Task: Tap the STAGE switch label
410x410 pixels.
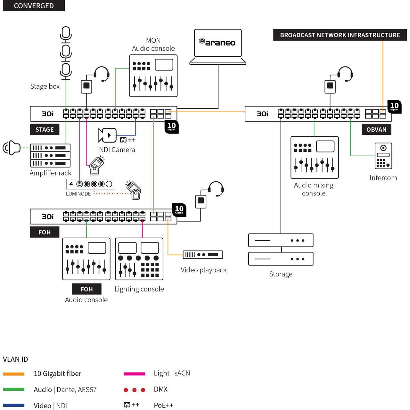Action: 45,129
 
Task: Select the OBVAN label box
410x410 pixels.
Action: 376,129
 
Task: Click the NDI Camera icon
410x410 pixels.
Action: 107,135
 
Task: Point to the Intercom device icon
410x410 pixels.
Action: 383,156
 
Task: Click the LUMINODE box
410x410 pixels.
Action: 90,184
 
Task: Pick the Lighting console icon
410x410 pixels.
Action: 139,259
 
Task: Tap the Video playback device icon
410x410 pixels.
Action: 202,255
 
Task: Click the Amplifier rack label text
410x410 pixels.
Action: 50,173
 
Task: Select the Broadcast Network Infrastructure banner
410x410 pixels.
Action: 340,35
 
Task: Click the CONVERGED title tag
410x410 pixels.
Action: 34,6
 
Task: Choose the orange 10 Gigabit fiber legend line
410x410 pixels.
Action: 14,374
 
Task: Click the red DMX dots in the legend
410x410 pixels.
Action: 134,390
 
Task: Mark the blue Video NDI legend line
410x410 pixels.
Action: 14,406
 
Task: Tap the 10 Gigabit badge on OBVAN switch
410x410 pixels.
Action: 394,107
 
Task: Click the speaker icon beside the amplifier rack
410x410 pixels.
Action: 12,148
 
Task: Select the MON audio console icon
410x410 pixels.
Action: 153,76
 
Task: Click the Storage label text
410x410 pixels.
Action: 281,274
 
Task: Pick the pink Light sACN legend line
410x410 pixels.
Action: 134,374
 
